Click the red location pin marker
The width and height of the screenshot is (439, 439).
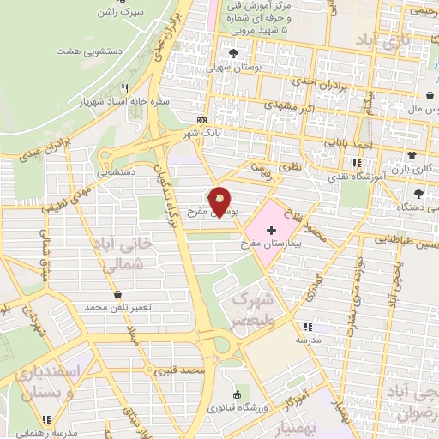(220, 201)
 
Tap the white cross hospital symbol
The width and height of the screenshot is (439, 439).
(272, 230)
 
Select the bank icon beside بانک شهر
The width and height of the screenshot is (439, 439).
(201, 121)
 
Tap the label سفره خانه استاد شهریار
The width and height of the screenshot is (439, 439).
(126, 101)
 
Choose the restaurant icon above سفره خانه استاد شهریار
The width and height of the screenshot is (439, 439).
(125, 88)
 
